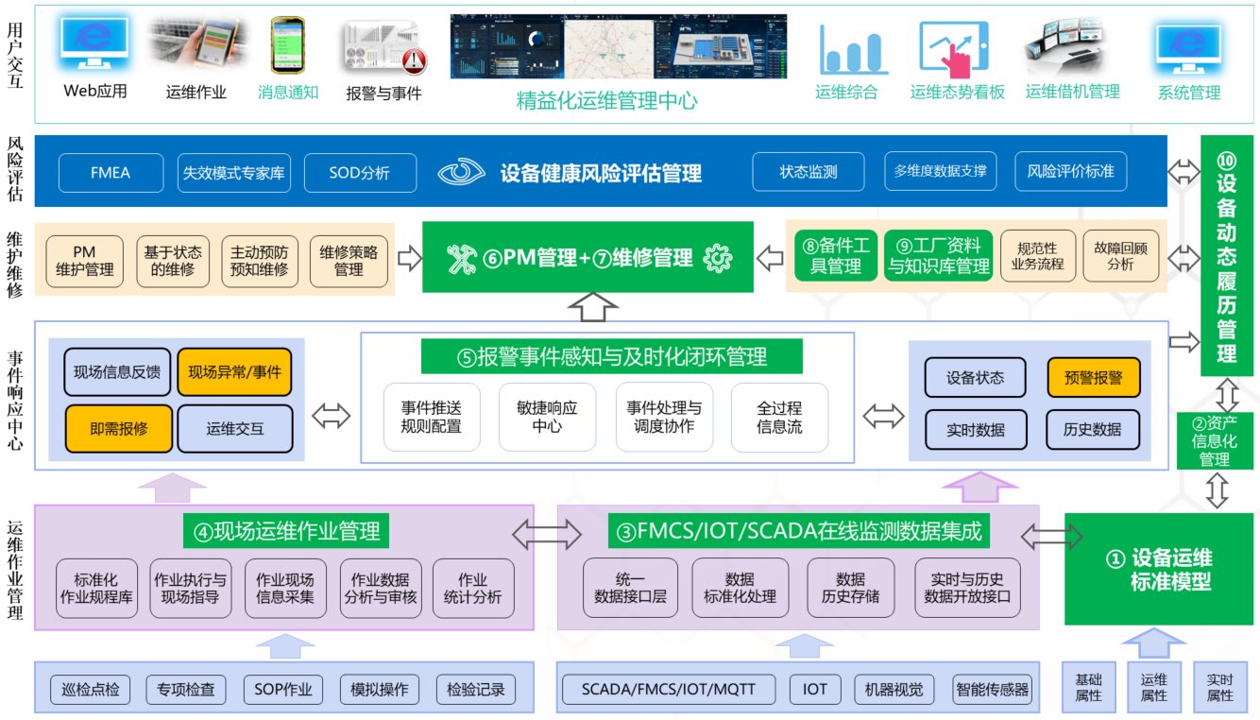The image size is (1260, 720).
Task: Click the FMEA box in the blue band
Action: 111,173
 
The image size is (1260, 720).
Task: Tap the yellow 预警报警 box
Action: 1093,378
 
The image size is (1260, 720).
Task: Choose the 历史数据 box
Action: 1093,429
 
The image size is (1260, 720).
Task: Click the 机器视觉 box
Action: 894,689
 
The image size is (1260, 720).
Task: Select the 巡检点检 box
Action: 91,689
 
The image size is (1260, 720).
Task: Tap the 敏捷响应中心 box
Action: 547,417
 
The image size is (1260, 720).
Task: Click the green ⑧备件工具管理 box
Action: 835,256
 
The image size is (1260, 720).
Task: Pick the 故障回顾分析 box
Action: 1120,255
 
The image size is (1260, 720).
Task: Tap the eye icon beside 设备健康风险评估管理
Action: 460,174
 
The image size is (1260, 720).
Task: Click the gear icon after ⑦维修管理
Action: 719,257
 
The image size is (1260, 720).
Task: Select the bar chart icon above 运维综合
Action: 853,49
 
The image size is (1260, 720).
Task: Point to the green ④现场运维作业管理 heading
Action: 286,531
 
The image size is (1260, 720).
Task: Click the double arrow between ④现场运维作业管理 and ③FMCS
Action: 546,535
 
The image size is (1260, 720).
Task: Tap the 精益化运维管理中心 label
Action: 606,100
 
